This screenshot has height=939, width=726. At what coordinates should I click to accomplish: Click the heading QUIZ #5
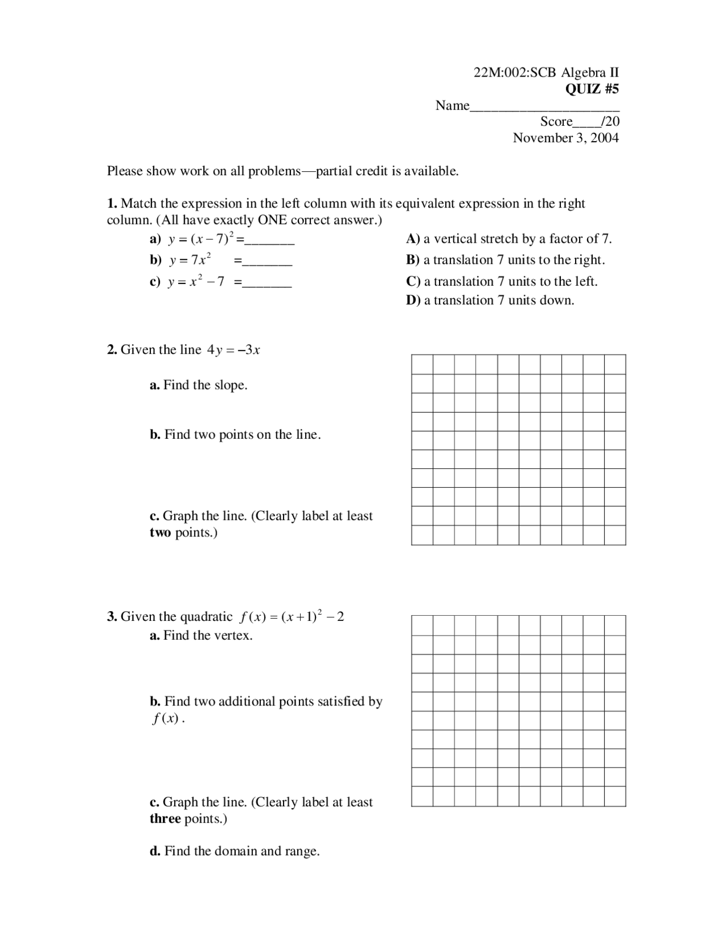(x=592, y=89)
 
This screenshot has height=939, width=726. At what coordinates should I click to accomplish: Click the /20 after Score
(x=610, y=121)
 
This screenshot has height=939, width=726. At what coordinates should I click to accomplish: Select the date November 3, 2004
(x=565, y=138)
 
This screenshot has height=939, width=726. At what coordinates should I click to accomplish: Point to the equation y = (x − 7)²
(x=201, y=239)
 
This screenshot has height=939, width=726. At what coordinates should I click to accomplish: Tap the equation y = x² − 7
(x=196, y=281)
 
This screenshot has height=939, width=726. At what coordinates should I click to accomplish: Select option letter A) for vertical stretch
(x=412, y=239)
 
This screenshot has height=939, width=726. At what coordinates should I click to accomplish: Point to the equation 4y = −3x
(x=234, y=350)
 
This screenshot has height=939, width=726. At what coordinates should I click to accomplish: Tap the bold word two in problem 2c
(x=160, y=533)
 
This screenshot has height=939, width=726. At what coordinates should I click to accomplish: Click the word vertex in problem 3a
(x=234, y=636)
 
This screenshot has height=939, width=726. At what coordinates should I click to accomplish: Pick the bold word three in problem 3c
(x=165, y=819)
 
